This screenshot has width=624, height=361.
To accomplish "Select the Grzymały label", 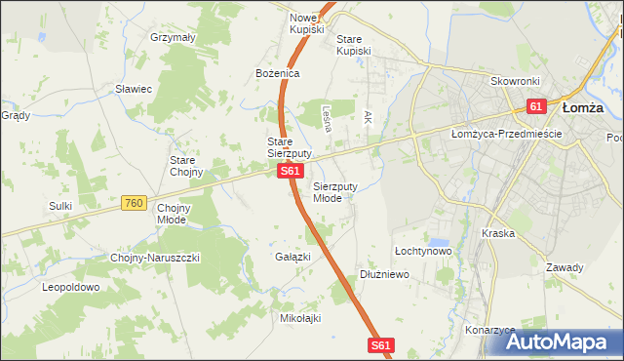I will tap(174, 37).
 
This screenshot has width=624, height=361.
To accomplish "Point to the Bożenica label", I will tap(277, 73).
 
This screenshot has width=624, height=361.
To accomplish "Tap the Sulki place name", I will tap(61, 206).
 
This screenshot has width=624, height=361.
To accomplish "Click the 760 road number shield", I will tap(135, 203).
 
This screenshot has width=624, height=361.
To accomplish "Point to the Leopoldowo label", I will tap(71, 288).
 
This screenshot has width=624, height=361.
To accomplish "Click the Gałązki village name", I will tap(292, 257).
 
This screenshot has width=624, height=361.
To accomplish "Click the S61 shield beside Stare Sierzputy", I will tap(289, 172).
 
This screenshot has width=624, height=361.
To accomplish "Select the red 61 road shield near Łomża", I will tap(537, 105).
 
